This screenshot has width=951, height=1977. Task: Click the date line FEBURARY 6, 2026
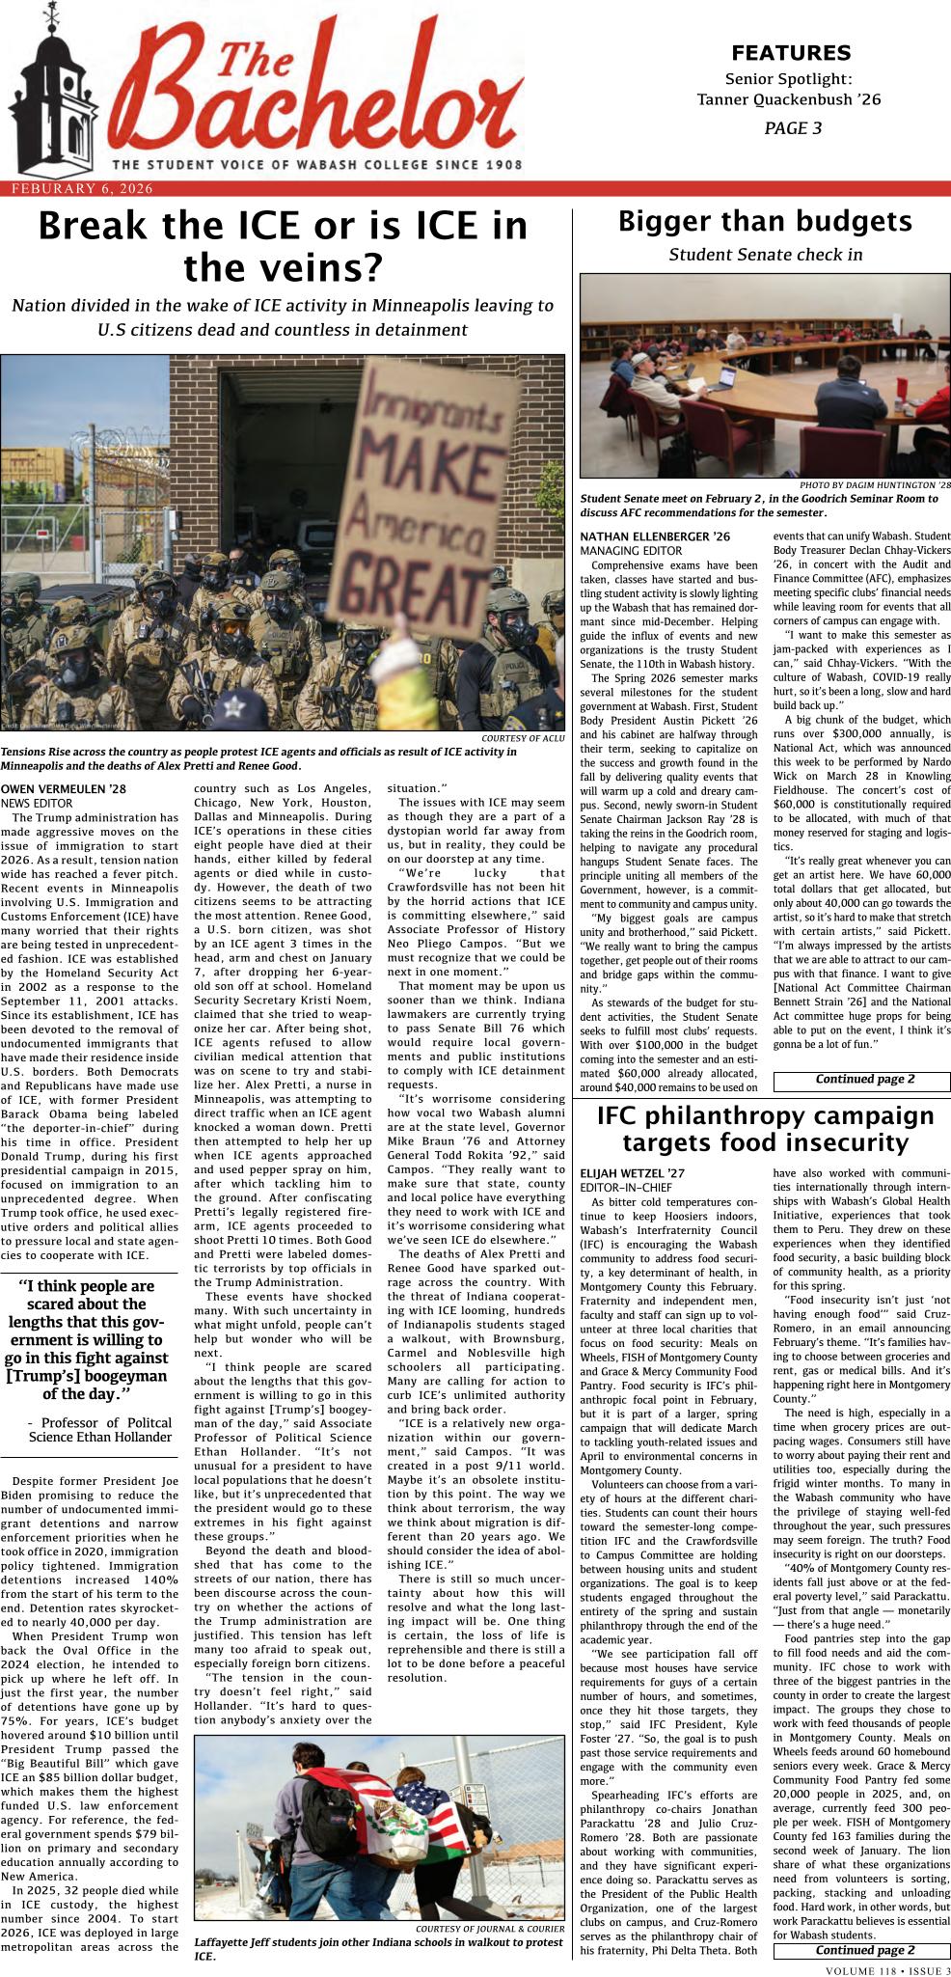point(82,189)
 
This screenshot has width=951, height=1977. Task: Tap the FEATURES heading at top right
point(790,52)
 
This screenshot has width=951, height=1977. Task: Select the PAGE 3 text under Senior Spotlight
point(792,127)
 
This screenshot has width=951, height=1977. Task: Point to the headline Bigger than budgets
point(765,222)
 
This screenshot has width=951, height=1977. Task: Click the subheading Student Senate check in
point(765,255)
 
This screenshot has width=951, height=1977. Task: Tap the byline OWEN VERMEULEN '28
point(64,789)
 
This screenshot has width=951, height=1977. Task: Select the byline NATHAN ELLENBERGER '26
point(655,536)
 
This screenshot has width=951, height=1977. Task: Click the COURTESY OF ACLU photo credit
point(522,738)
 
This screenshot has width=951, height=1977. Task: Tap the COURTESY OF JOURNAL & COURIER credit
point(490,1929)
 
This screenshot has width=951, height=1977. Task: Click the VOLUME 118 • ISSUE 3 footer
point(887,1969)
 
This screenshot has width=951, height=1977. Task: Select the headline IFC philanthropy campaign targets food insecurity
point(765,1130)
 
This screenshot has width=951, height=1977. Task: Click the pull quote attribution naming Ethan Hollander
point(100,1429)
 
